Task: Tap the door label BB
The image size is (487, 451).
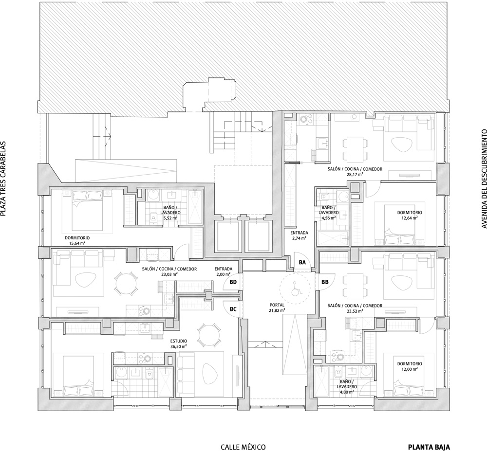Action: click(x=325, y=282)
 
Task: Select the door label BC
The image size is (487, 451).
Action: click(x=233, y=309)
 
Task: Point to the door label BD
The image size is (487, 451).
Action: click(x=233, y=282)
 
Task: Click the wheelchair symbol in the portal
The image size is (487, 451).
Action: click(x=296, y=289)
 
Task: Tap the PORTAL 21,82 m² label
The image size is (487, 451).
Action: click(x=277, y=307)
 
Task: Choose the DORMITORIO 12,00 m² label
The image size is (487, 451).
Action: click(x=410, y=366)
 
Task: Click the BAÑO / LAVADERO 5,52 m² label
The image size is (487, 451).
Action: click(x=170, y=204)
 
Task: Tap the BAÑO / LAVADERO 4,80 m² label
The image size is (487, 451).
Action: click(x=347, y=387)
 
